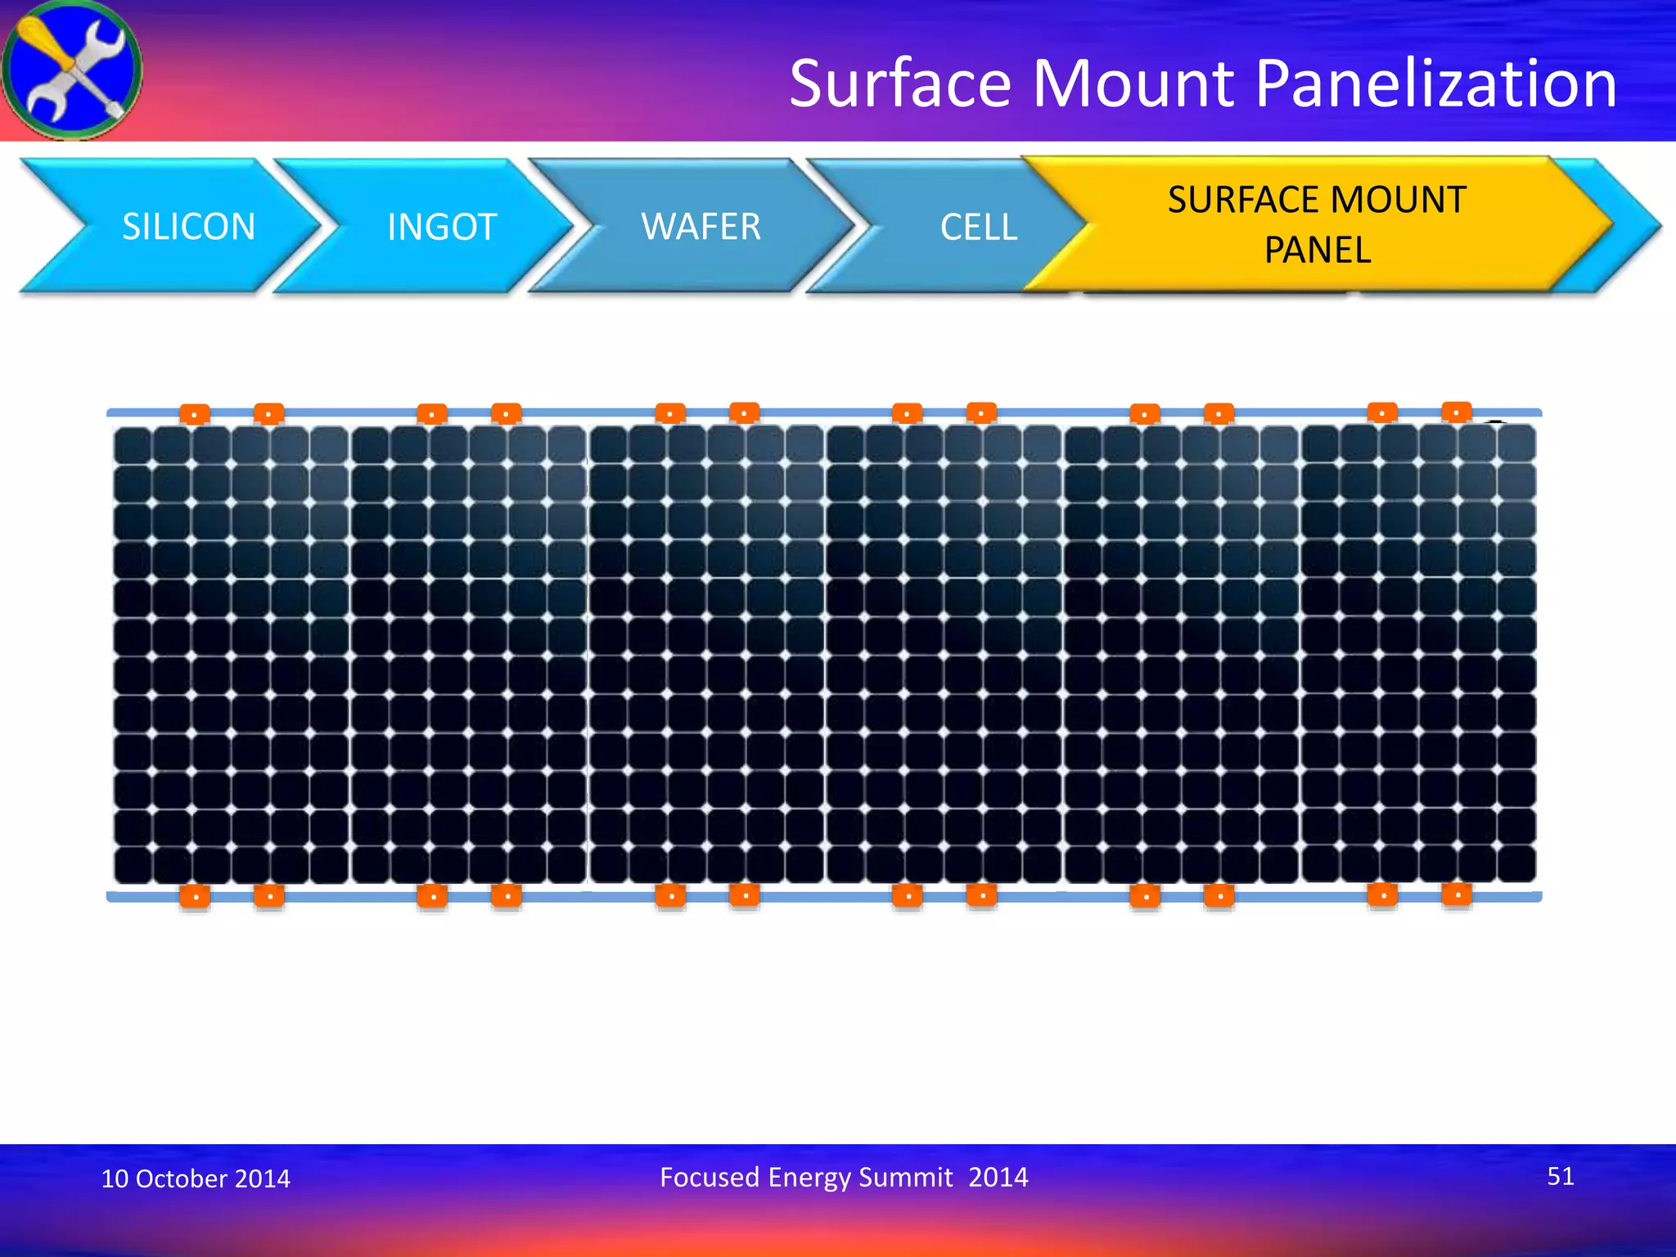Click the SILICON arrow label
[188, 227]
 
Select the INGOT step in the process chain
[442, 227]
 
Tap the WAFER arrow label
[701, 227]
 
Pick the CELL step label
[979, 227]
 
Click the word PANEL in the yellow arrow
[1318, 250]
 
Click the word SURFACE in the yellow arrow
[1236, 200]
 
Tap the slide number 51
[1560, 1176]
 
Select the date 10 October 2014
[196, 1178]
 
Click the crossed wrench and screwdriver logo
[72, 70]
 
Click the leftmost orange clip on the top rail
[195, 414]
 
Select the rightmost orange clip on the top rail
[1457, 412]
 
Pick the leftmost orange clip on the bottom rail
[195, 896]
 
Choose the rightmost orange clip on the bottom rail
[1457, 894]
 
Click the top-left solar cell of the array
[133, 446]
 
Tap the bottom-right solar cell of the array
[1516, 863]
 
